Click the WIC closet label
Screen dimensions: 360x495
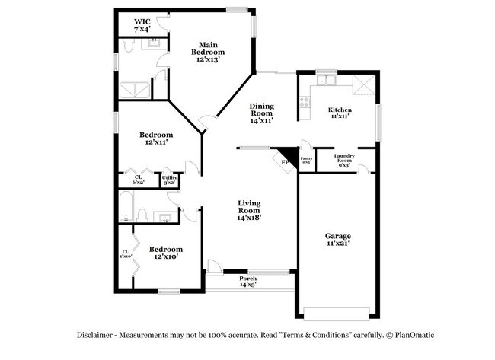(142, 25)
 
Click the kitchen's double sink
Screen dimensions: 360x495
(327, 78)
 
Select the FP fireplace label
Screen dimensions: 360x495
(285, 162)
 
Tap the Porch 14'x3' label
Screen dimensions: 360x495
(248, 281)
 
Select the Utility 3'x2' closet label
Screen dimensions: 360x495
(169, 180)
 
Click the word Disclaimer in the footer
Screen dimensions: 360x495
(96, 335)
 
